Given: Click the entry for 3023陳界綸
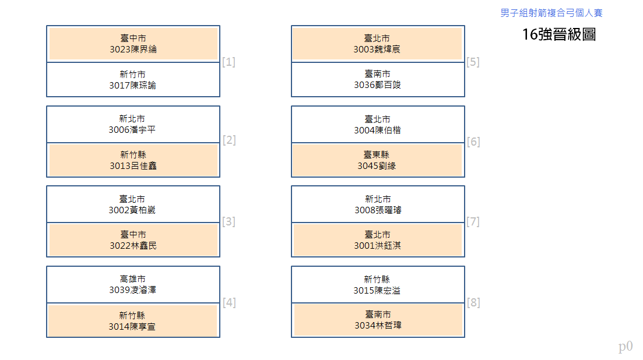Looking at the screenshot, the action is pos(133,44).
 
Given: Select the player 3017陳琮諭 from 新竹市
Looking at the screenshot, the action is pos(133,80).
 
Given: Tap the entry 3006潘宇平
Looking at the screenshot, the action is pos(133,125).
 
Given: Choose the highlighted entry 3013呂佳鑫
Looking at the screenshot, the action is pos(133,160).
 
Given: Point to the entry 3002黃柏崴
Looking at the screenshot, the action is pos(133,204).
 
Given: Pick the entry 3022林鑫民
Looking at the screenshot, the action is pos(133,240).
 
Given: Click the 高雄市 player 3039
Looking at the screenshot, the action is pos(133,285).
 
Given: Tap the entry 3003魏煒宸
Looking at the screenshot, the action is pos(378,44).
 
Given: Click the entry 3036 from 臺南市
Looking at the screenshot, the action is pos(378,80).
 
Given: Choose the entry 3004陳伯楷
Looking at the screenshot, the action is pos(378,125).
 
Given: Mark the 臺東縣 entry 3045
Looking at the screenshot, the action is pos(378,160).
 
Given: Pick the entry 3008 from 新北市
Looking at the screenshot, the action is pos(378,204).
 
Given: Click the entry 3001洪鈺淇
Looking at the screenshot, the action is pos(378,240).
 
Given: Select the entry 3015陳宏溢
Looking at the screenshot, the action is pos(378,285).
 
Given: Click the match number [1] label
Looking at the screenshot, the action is pos(229,62).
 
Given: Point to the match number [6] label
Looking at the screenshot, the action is pos(473,142).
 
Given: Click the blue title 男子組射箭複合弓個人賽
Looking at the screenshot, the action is pos(551,13).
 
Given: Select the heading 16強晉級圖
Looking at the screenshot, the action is pos(559,34).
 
